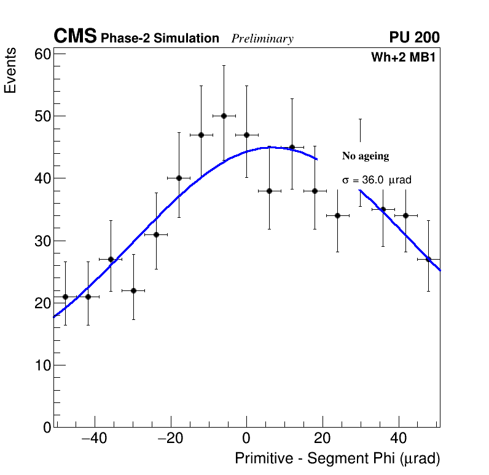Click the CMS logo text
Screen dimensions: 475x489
(x=75, y=37)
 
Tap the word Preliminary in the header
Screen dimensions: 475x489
(x=262, y=39)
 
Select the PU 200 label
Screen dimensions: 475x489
(x=414, y=38)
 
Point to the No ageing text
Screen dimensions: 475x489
(x=366, y=156)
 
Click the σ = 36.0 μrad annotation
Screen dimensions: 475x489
(x=377, y=180)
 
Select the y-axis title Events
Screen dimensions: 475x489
(x=10, y=71)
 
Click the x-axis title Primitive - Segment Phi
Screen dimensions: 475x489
(x=337, y=459)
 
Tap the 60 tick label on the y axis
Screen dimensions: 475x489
(x=42, y=54)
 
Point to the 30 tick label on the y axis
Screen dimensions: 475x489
(x=42, y=241)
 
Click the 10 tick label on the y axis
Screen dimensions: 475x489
(x=42, y=365)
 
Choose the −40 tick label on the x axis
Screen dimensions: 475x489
(x=94, y=439)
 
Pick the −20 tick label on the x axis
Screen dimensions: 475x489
(x=170, y=439)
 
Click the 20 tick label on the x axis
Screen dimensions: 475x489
(x=323, y=439)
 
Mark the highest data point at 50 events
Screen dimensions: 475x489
(x=224, y=116)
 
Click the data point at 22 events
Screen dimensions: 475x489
(x=133, y=290)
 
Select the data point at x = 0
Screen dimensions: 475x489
(x=246, y=135)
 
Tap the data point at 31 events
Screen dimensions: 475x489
(x=156, y=234)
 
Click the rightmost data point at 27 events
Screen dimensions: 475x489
(x=429, y=259)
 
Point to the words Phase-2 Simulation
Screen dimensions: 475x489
(x=160, y=39)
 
